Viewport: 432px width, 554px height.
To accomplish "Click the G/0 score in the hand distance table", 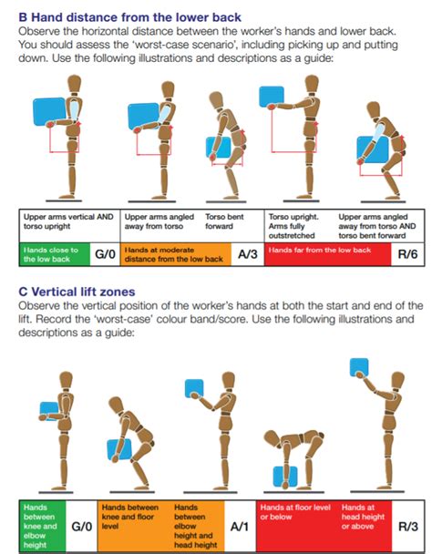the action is pyautogui.click(x=105, y=254).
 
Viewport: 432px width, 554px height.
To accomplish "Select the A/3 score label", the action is pyautogui.click(x=248, y=254).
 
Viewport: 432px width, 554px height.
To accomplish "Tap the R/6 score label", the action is pyautogui.click(x=407, y=254).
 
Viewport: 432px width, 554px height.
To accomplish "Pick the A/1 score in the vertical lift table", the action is pyautogui.click(x=240, y=527).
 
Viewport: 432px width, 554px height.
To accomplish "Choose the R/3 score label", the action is pyautogui.click(x=408, y=527).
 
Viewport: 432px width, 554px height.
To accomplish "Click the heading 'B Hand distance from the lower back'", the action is pyautogui.click(x=129, y=17).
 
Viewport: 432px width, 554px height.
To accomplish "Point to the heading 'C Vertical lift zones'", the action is pyautogui.click(x=77, y=292).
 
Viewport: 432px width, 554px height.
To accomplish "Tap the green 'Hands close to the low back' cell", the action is pyautogui.click(x=55, y=254).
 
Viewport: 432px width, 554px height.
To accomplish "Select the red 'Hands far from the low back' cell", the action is pyautogui.click(x=327, y=254).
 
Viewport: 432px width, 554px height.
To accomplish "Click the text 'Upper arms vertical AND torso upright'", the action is pyautogui.click(x=68, y=221).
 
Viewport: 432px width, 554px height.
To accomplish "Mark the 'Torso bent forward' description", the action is pyautogui.click(x=224, y=221).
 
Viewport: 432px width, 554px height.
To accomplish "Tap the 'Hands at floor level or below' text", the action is pyautogui.click(x=295, y=512).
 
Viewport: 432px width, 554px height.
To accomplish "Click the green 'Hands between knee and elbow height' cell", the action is pyautogui.click(x=43, y=526).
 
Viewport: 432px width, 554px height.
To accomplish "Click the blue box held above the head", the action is pyautogui.click(x=359, y=367).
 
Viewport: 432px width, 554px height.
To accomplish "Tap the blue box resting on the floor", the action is pyautogui.click(x=285, y=477).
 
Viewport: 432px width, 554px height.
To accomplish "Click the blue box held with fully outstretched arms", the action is pyautogui.click(x=272, y=97).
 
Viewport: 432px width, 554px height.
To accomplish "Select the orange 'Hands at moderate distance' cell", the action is pyautogui.click(x=175, y=254).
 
